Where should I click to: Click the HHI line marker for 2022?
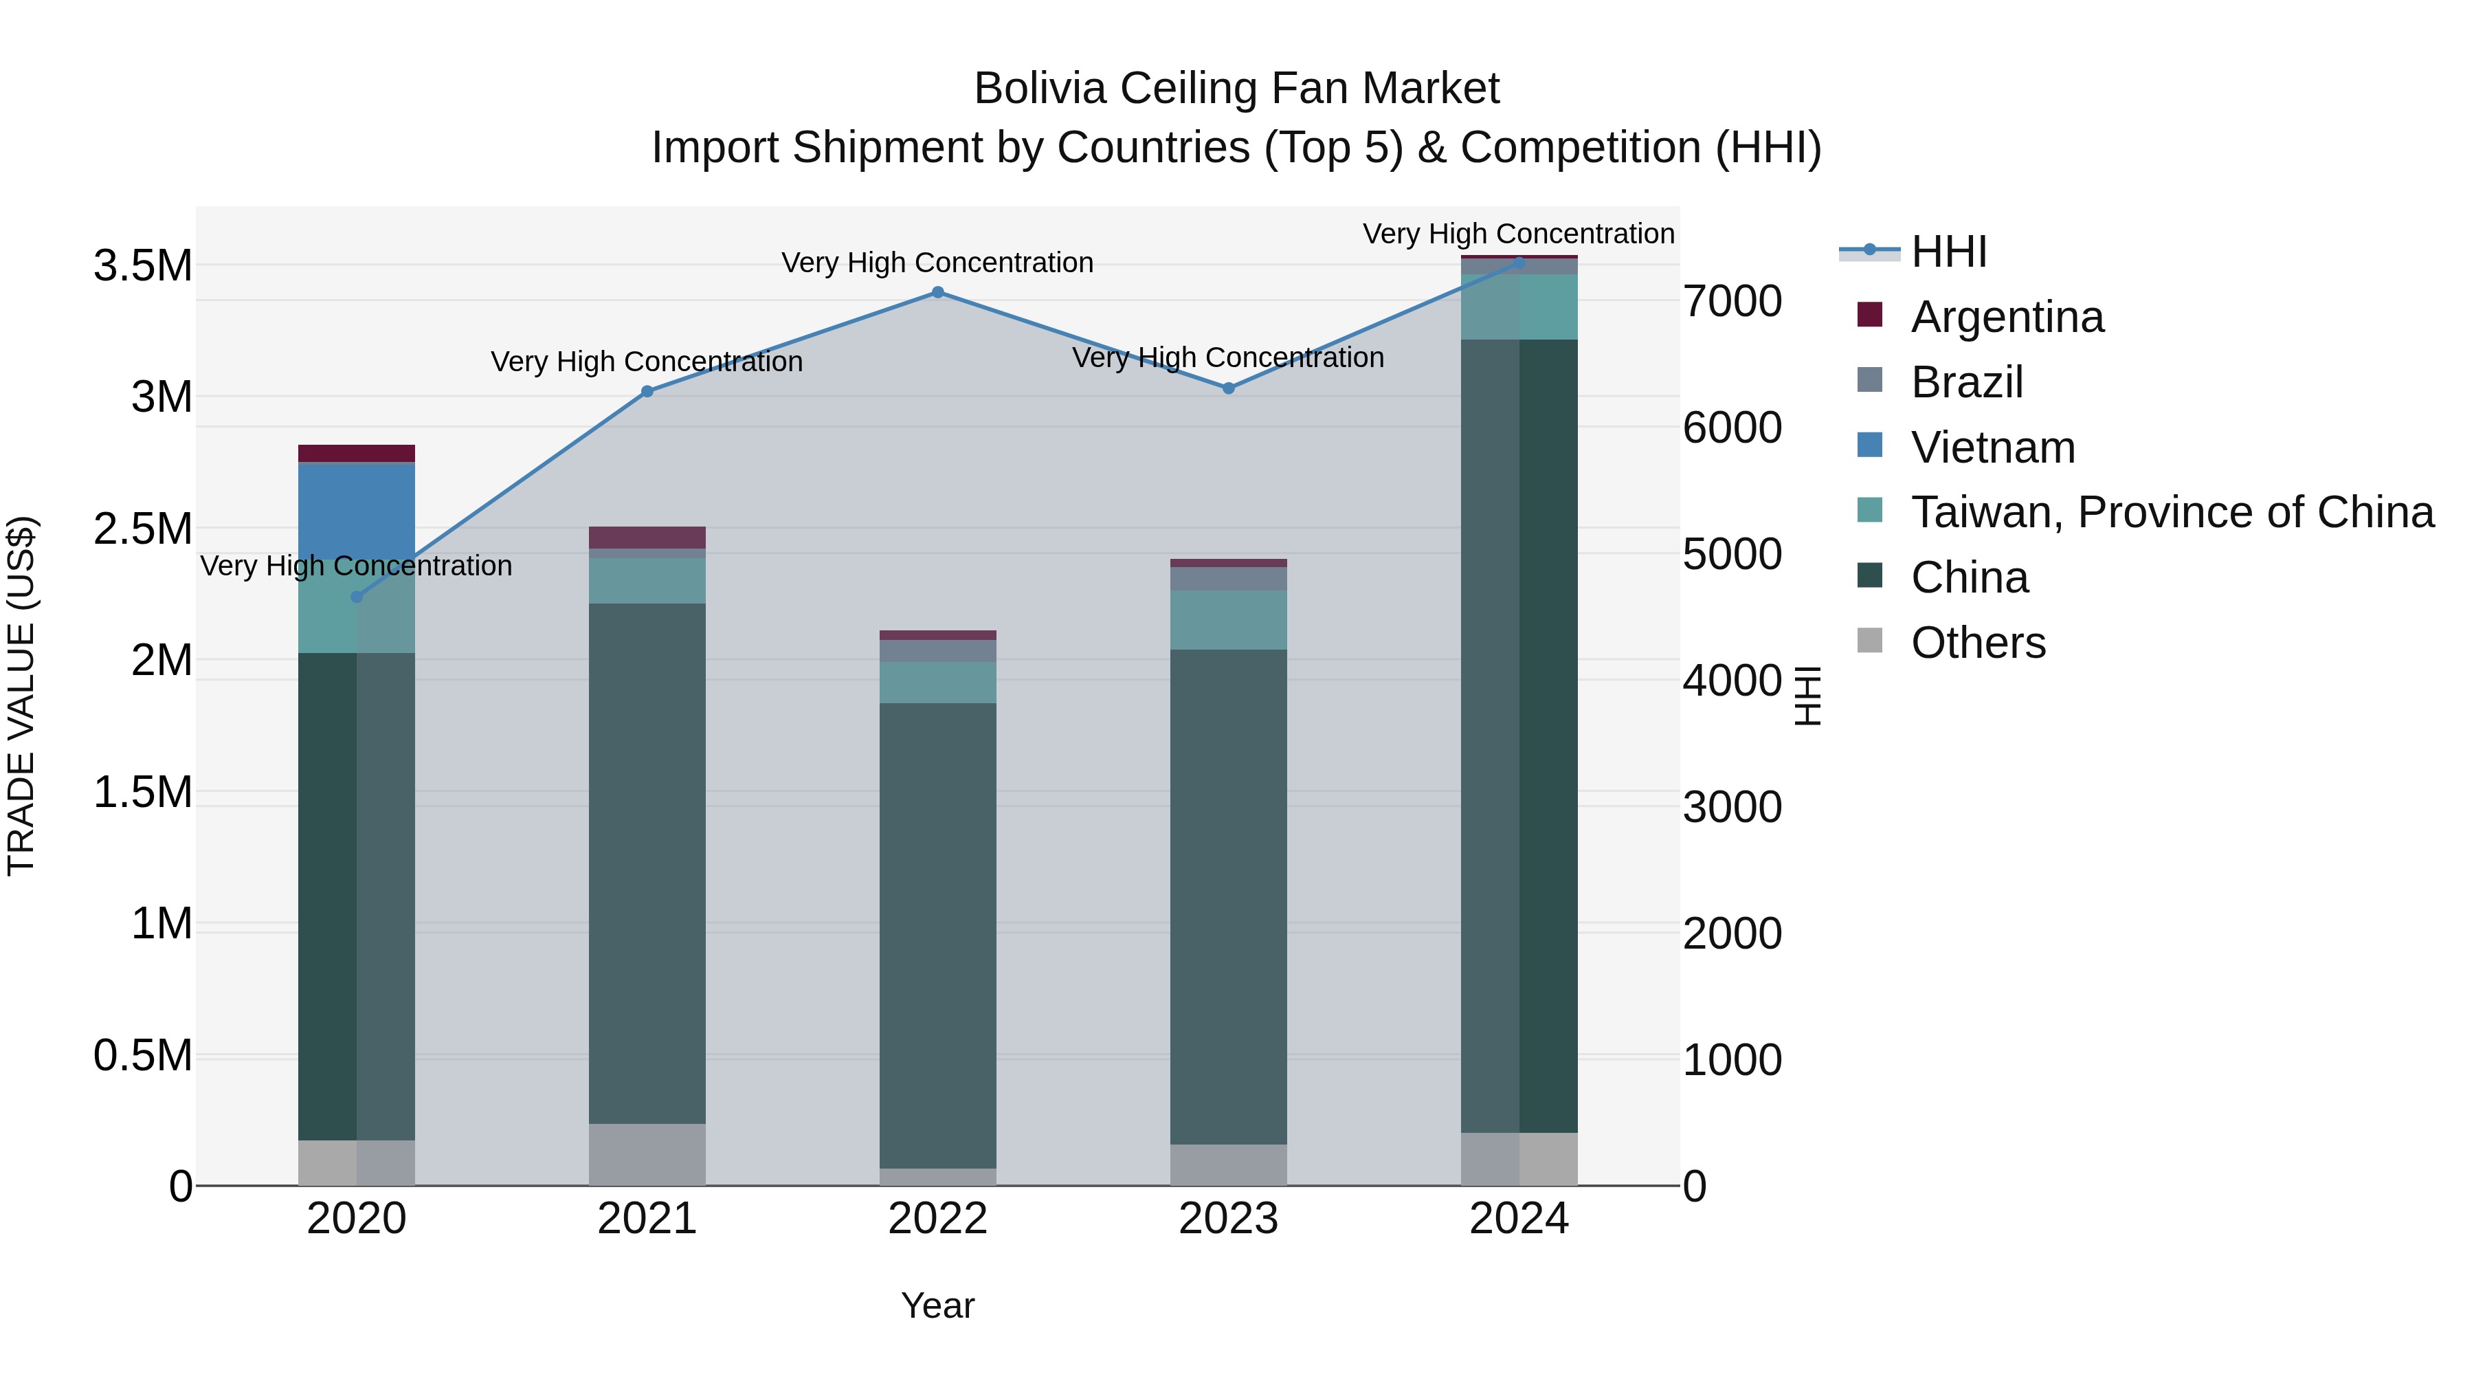click(x=937, y=292)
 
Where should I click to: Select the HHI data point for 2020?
click(x=356, y=597)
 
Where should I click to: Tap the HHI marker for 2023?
click(x=1228, y=388)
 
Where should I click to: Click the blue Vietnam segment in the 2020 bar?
click(x=356, y=510)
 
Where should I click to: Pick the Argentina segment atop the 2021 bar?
click(x=647, y=537)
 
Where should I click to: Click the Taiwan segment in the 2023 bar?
click(x=1228, y=619)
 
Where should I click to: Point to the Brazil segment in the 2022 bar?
click(x=937, y=650)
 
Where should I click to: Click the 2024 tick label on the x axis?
click(x=1518, y=1219)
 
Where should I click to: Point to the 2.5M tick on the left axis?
click(x=143, y=529)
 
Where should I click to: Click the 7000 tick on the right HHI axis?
click(x=1732, y=300)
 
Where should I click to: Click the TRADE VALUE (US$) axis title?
click(x=21, y=696)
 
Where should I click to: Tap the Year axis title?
click(x=937, y=1305)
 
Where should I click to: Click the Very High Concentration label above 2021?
click(x=647, y=361)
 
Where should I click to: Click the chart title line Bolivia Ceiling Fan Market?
click(x=1236, y=89)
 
